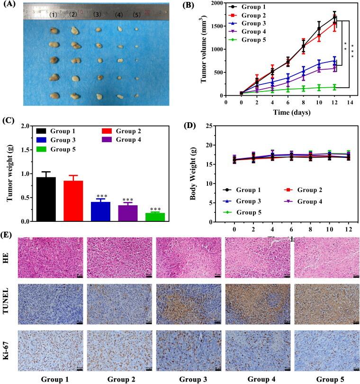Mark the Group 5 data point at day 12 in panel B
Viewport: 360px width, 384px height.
(334, 87)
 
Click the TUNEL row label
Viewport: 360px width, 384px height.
(8, 302)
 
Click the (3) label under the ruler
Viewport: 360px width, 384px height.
(97, 15)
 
